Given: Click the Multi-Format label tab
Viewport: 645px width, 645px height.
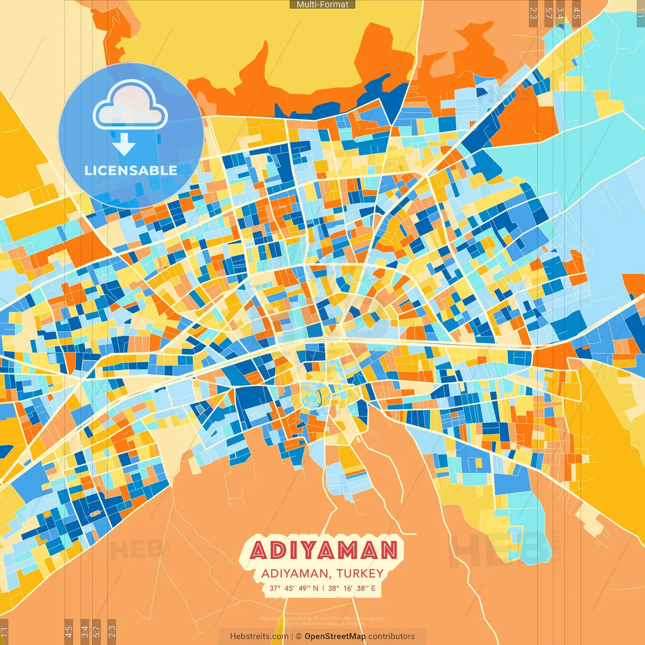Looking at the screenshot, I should click(322, 5).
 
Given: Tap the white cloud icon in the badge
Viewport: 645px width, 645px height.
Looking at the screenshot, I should click(130, 107).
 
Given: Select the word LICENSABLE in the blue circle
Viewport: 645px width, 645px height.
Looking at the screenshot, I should click(131, 170).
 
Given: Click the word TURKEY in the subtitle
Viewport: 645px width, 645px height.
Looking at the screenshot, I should click(360, 573).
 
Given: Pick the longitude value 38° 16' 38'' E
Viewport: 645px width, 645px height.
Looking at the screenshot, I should click(352, 588).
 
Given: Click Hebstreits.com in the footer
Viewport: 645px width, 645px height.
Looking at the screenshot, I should click(259, 636).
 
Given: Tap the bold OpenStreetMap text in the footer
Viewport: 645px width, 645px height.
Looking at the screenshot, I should click(335, 636).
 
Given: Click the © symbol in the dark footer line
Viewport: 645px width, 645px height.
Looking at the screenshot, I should click(299, 636).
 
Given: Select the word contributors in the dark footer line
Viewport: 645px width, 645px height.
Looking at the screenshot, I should click(392, 636).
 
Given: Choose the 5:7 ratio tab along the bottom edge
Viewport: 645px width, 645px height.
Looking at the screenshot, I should click(97, 631).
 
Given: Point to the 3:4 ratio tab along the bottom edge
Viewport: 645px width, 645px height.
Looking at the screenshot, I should click(85, 631).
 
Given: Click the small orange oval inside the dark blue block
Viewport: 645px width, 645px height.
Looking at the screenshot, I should click(94, 513).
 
